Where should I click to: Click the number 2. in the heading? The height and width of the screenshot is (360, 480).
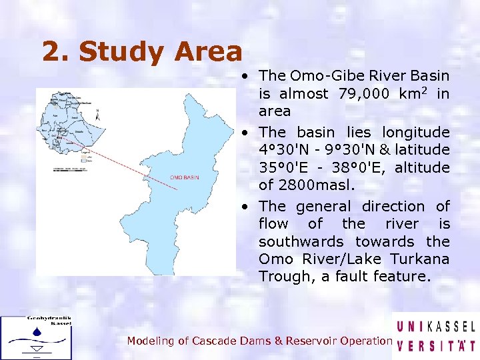58,52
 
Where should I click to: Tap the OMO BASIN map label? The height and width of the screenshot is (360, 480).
184,178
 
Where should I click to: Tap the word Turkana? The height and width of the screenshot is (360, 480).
419,259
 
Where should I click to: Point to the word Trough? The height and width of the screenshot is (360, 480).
280,276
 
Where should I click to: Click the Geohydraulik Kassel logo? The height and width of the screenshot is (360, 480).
36,337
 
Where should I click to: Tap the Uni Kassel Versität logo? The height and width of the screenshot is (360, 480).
436,337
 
